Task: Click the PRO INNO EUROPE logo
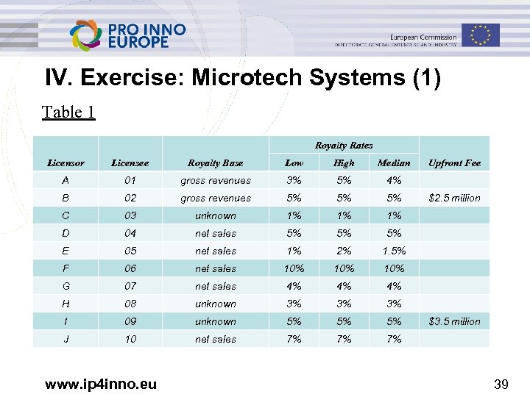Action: pyautogui.click(x=127, y=35)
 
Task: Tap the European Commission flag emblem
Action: pyautogui.click(x=481, y=35)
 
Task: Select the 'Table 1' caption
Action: pyautogui.click(x=68, y=112)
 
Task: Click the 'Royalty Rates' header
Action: pyautogui.click(x=344, y=146)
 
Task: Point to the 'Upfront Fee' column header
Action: pyautogui.click(x=454, y=162)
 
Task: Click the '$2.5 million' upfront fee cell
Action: pyautogui.click(x=454, y=198)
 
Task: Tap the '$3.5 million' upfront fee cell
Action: pyautogui.click(x=454, y=321)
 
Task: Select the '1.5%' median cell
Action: pyautogui.click(x=394, y=251)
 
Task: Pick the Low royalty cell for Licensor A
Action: pyautogui.click(x=294, y=180)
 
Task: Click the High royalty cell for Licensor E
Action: pyautogui.click(x=344, y=251)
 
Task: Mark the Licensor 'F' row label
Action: pyautogui.click(x=66, y=268)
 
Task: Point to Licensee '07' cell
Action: pyautogui.click(x=130, y=286)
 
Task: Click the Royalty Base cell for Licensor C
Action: pyautogui.click(x=216, y=215)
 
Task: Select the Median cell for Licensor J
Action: pyautogui.click(x=394, y=339)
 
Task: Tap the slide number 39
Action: pyautogui.click(x=502, y=382)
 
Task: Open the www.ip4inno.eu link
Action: pyautogui.click(x=100, y=382)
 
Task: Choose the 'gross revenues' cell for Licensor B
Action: pyautogui.click(x=216, y=198)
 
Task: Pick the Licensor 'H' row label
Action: pyautogui.click(x=66, y=304)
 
